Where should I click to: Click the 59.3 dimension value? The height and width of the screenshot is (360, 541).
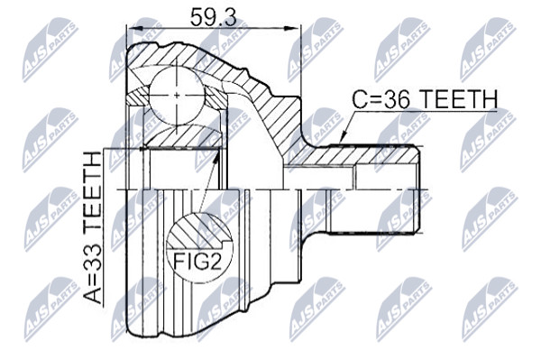click(x=213, y=17)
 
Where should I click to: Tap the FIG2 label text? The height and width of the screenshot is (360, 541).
click(x=197, y=262)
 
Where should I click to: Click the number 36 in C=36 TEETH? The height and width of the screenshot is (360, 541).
click(x=399, y=99)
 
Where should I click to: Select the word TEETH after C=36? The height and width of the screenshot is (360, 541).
click(x=459, y=99)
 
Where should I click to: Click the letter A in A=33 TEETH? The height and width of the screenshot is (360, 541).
click(x=94, y=296)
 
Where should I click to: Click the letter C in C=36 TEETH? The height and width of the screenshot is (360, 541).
click(x=360, y=99)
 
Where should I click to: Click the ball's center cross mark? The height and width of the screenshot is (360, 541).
click(x=177, y=95)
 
